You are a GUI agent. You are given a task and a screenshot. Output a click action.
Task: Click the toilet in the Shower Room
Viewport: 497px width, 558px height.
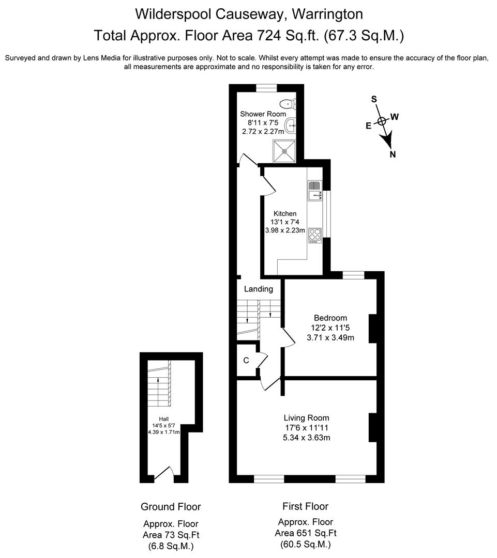[x=288, y=103]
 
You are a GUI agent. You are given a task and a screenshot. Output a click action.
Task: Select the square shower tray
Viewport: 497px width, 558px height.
[x=284, y=150]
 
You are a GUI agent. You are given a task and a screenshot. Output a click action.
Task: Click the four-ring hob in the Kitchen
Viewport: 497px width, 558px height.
[x=314, y=235]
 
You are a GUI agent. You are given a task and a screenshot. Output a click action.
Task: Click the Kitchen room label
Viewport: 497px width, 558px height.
[x=285, y=213]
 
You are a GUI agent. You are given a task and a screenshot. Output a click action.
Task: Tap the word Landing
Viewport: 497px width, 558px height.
[x=258, y=289]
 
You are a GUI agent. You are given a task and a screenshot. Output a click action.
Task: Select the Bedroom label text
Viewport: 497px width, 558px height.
[x=330, y=318]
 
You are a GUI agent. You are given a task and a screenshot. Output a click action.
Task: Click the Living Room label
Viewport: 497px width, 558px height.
[x=306, y=418]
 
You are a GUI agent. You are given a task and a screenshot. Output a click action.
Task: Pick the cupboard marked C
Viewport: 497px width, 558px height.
[x=247, y=360]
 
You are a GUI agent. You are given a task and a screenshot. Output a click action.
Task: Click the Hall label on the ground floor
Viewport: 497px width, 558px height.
[x=163, y=419]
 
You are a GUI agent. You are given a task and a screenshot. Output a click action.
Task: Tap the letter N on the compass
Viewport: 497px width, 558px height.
[x=393, y=154]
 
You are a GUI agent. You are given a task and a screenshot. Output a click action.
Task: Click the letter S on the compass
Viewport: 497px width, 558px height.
[x=374, y=99]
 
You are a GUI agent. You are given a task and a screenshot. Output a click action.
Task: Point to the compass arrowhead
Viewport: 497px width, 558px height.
[x=386, y=138]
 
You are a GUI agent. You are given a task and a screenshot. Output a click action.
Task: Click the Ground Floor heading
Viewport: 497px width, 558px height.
[x=171, y=507]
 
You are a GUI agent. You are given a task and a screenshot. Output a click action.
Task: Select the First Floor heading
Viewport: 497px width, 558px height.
[x=305, y=506]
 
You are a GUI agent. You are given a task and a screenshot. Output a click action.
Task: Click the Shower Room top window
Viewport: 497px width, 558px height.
[x=266, y=88]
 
